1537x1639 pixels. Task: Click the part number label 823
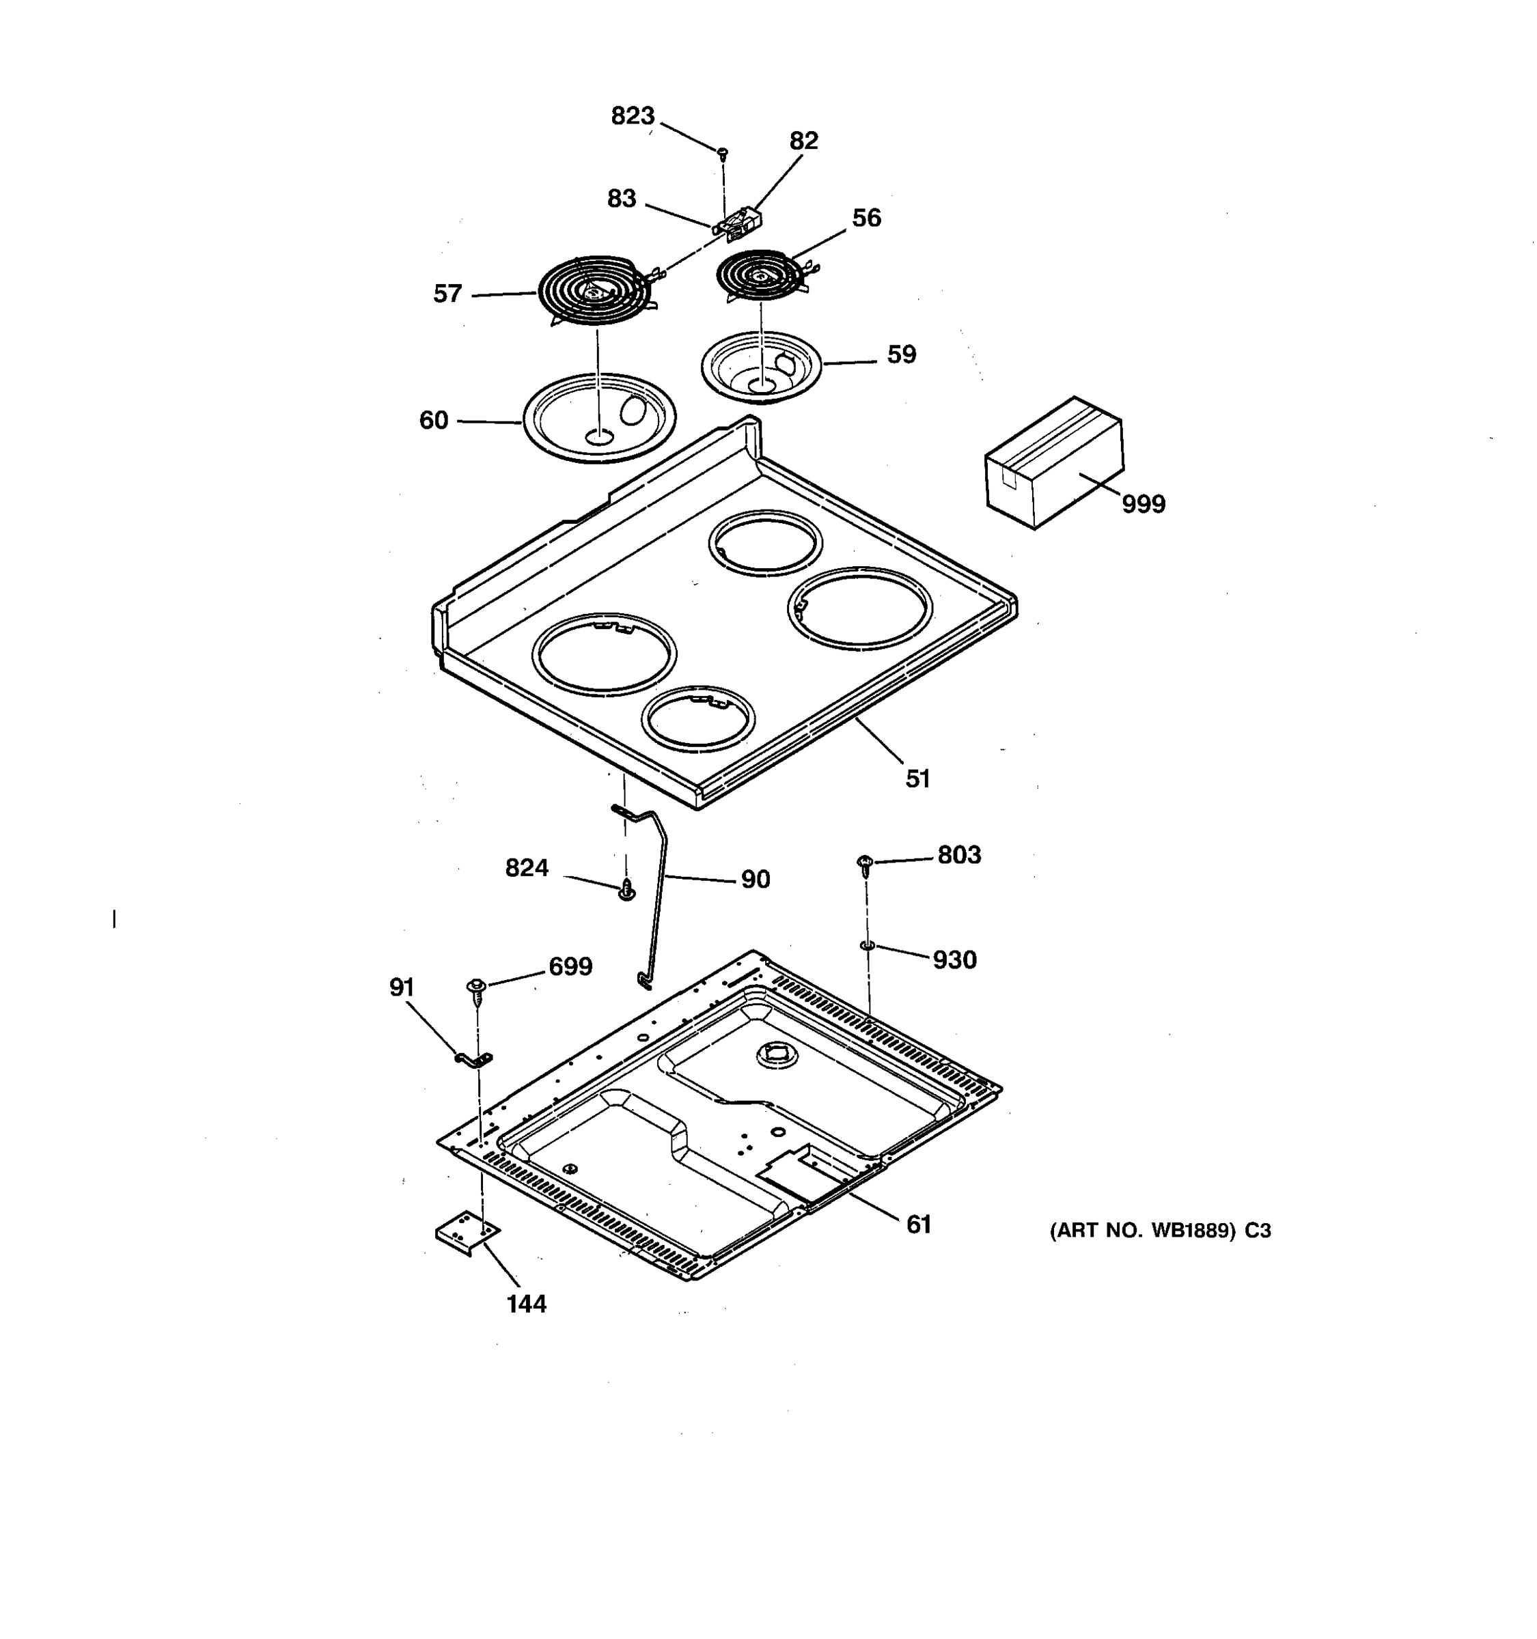tap(633, 116)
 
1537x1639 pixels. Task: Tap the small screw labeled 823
tap(722, 152)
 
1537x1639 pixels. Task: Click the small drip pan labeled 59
tap(761, 367)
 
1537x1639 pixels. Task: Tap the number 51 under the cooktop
tap(917, 779)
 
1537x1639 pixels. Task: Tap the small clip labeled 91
tap(473, 1059)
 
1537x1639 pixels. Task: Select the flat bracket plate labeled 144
tap(467, 1232)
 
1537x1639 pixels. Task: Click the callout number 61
tap(919, 1224)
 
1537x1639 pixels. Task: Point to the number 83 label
tap(622, 199)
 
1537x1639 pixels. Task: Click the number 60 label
tap(434, 421)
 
